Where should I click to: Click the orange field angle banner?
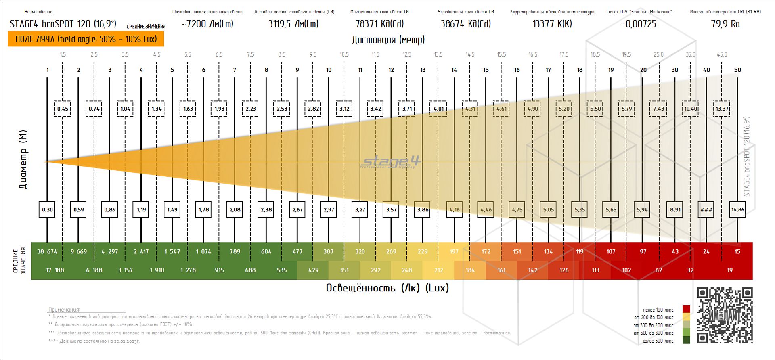[86, 39]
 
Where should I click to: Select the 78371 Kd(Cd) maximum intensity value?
[379, 24]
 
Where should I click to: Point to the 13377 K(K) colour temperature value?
[552, 24]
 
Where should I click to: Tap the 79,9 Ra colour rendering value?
[725, 24]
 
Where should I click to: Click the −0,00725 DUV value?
[639, 24]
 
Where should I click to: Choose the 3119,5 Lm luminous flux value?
[293, 24]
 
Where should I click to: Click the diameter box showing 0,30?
[47, 209]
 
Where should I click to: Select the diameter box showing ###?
[706, 209]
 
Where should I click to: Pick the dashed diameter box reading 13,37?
[722, 109]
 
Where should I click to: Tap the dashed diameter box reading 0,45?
[63, 109]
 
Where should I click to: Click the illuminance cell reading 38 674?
[47, 251]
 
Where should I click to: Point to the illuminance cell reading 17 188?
[55, 270]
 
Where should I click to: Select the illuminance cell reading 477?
[297, 251]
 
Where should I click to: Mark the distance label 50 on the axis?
[737, 70]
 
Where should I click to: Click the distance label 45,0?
[722, 54]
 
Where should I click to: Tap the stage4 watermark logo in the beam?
[391, 162]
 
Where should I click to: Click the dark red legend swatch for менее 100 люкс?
[686, 310]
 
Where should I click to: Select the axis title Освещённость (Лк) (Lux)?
[387, 288]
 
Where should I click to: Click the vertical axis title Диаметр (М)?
[23, 160]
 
